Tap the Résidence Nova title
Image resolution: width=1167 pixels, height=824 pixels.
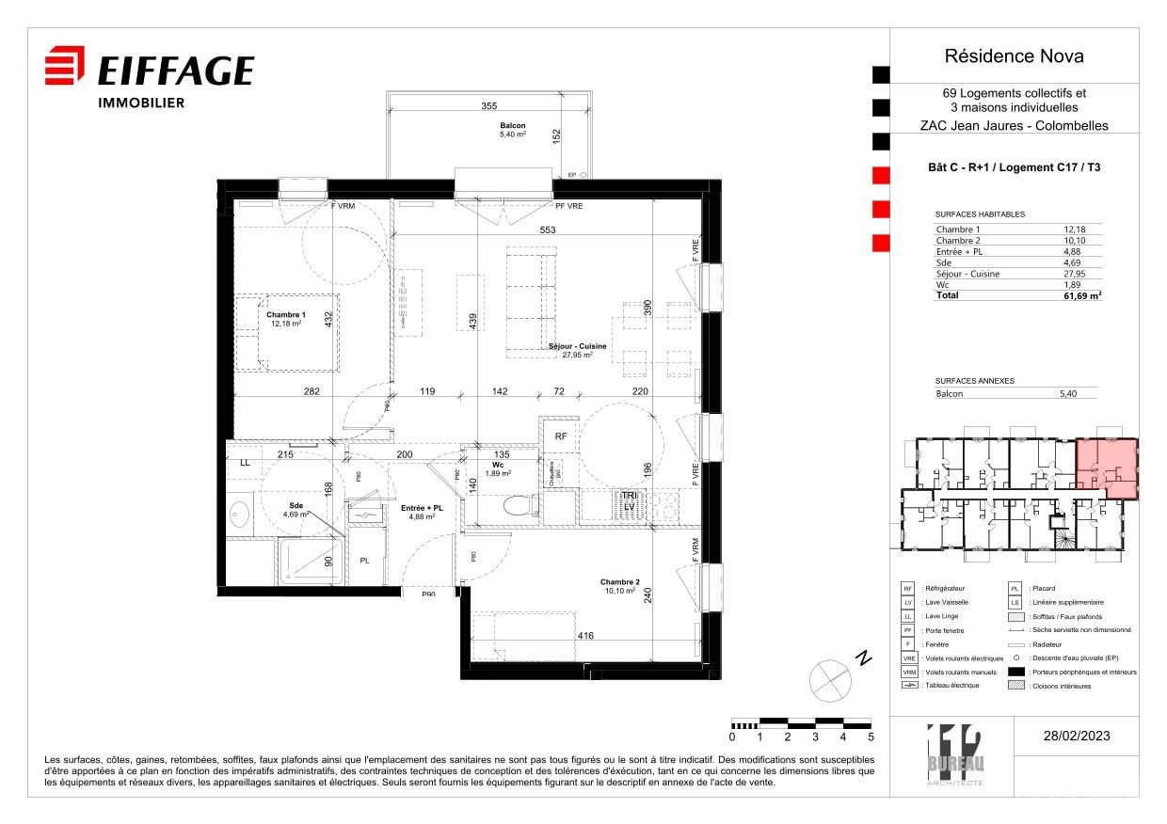1014,56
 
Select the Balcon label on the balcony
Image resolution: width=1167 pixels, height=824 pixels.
512,126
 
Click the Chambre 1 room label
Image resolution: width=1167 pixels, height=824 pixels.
286,315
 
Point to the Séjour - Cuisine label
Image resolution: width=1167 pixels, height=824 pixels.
578,347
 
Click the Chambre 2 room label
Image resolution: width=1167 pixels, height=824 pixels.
620,582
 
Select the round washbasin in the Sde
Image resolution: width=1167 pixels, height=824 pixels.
240,514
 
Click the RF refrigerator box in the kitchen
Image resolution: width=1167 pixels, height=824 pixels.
560,436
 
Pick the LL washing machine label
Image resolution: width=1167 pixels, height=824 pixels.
245,463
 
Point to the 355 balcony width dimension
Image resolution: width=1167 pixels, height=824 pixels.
488,106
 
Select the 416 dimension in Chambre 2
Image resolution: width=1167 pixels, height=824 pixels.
585,637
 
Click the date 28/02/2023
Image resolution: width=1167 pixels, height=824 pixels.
1077,736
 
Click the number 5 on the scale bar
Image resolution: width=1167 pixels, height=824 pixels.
871,737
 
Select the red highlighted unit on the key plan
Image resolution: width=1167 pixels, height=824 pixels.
1106,468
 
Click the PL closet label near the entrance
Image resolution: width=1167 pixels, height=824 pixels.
365,561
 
